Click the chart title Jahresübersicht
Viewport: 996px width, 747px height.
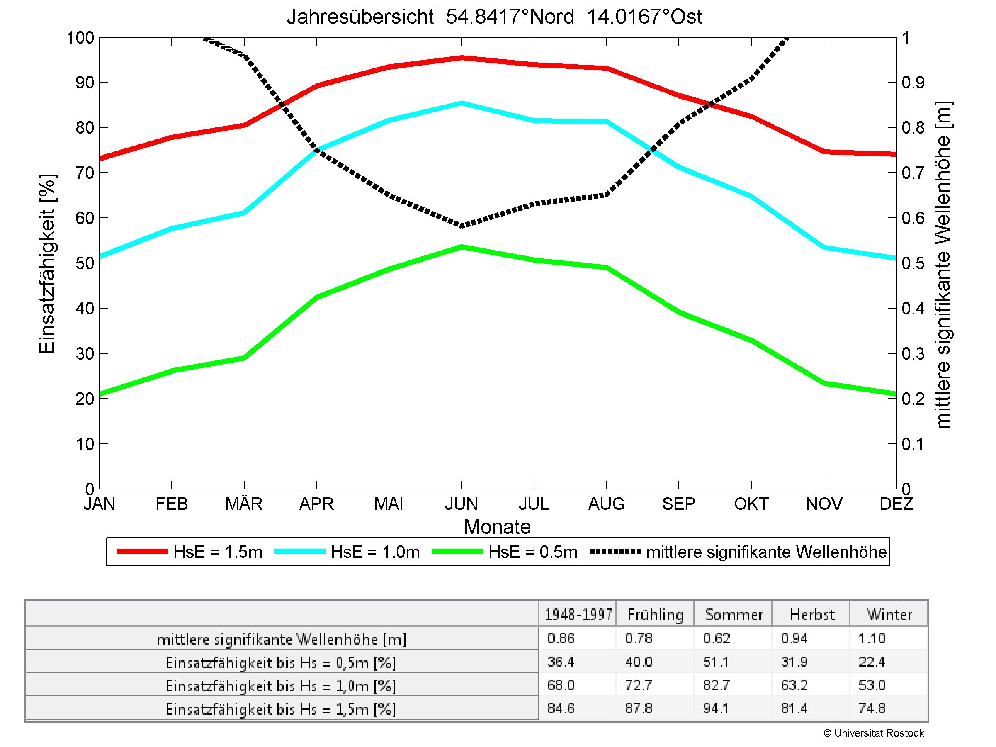click(x=494, y=17)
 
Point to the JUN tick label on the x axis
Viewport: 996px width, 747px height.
click(x=462, y=504)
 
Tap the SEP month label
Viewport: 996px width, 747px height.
click(x=678, y=504)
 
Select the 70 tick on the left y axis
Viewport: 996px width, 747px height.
click(x=85, y=173)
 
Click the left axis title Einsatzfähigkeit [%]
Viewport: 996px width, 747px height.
click(x=47, y=263)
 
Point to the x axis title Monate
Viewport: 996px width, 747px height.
click(x=497, y=527)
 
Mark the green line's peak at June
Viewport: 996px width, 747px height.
click(x=462, y=247)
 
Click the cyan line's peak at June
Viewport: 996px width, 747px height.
click(x=462, y=103)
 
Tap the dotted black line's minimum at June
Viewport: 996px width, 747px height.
click(x=462, y=226)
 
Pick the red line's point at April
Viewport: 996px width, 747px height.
click(x=317, y=85)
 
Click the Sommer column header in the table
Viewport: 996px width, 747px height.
click(x=734, y=615)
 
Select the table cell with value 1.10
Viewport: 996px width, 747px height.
click(x=872, y=638)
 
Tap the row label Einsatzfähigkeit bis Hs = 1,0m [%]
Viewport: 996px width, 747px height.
click(x=281, y=686)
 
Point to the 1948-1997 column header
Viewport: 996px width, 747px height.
click(x=578, y=615)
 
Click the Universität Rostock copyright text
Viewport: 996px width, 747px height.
click(x=874, y=733)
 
